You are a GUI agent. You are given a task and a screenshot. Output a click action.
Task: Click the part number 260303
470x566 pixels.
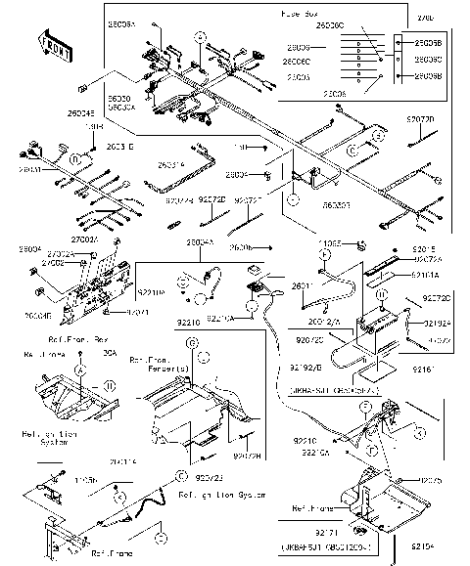click(338, 205)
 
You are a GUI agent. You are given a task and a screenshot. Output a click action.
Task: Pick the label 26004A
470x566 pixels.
click(200, 241)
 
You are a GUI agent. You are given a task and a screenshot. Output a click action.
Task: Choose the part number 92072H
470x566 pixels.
click(249, 456)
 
